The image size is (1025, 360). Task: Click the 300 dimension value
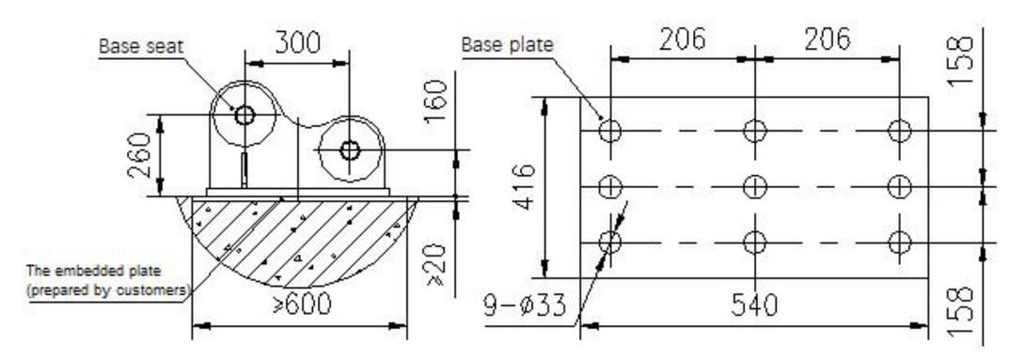coord(297,43)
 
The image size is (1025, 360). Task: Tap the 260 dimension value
coord(140,155)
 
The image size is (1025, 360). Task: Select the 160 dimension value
coord(436,102)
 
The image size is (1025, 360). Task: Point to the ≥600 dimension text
coord(303,304)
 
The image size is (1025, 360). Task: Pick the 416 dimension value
coord(525,187)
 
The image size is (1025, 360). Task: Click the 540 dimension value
coord(754,305)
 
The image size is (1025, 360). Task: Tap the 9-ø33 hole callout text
coord(525,305)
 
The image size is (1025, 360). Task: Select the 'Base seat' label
coord(141,46)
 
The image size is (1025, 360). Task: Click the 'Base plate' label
coord(507,44)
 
